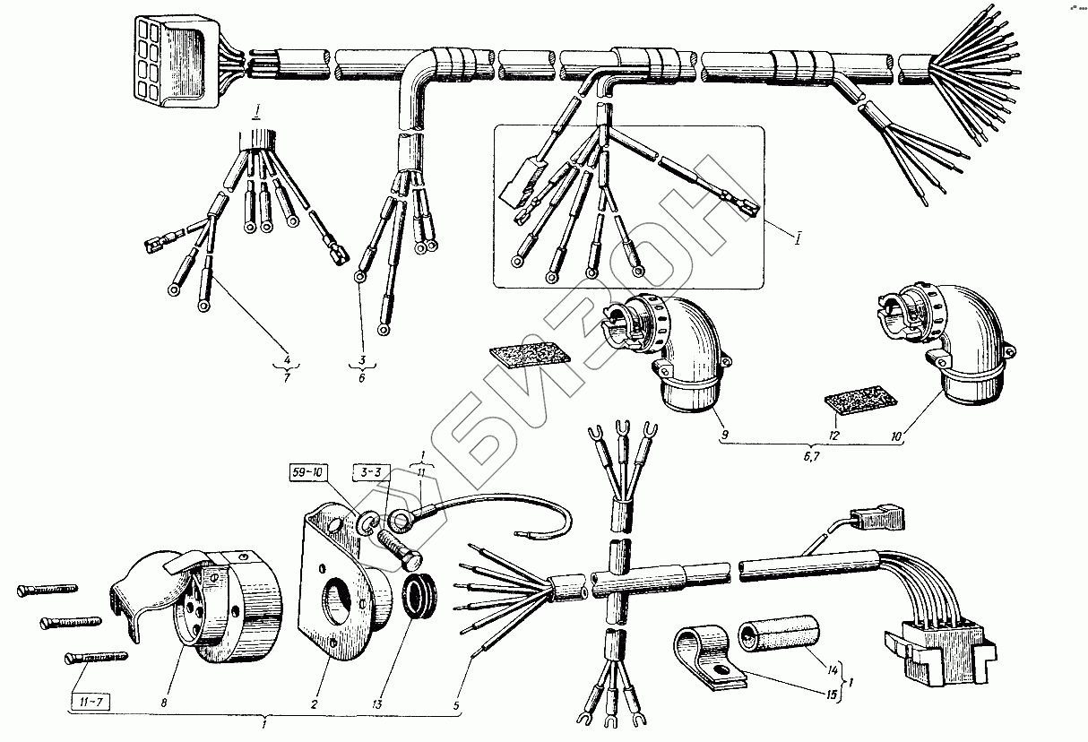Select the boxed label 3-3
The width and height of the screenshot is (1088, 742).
[x=372, y=471]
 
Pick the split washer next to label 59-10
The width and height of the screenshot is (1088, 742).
[x=367, y=524]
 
